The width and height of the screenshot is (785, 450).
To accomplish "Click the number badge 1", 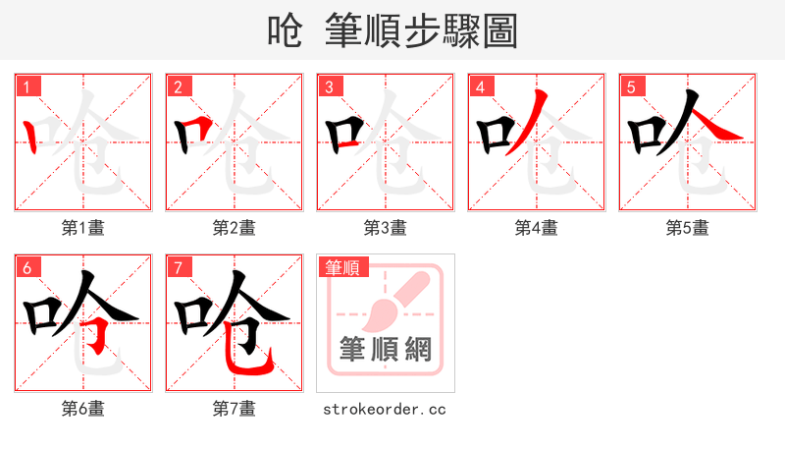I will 26,86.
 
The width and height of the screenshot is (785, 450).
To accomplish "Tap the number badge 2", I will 178,86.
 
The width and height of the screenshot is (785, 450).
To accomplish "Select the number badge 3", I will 329,86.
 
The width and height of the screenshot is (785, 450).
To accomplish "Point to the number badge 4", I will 480,86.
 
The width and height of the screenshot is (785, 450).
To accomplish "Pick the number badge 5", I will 631,86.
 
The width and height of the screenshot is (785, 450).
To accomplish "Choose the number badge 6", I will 26,266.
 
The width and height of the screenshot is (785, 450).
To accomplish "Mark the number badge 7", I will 178,266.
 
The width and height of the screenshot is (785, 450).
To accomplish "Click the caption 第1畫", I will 83,228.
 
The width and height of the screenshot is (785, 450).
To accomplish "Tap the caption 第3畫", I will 386,228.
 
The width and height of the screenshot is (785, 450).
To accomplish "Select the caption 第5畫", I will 688,228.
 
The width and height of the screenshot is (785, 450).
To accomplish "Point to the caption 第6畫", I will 83,408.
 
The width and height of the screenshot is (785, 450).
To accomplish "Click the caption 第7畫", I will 235,408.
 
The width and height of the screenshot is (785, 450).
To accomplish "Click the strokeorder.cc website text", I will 385,408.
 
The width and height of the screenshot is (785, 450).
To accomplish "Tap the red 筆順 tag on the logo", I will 340,266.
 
